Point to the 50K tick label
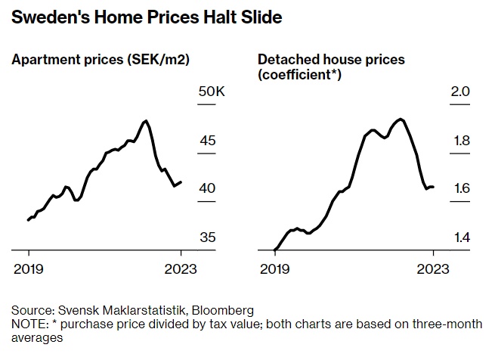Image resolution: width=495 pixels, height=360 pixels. click(x=212, y=92)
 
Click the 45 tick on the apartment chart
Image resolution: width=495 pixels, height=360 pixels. click(x=208, y=141)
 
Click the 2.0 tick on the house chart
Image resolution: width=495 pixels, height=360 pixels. click(x=461, y=92)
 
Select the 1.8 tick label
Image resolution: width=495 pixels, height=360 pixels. click(x=461, y=141)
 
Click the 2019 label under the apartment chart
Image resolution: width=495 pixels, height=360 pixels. click(x=29, y=268)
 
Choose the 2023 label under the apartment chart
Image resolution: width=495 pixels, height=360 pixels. click(x=181, y=268)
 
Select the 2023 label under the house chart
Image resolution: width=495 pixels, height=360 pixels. click(x=434, y=268)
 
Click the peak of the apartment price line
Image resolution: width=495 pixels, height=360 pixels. click(x=146, y=121)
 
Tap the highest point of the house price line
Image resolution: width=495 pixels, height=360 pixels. click(x=401, y=119)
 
